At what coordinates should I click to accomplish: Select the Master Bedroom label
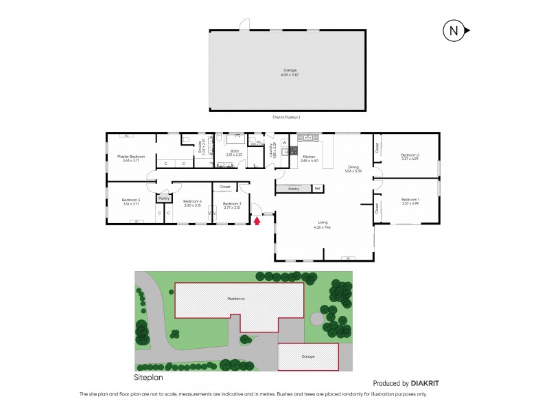pos(128,157)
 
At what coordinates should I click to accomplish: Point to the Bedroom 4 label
pos(192,202)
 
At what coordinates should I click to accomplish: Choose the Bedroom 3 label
pos(231,204)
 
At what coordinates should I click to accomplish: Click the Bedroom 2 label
pos(410,155)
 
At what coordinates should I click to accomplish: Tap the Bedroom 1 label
pos(410,200)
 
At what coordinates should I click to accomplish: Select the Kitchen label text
pos(308,157)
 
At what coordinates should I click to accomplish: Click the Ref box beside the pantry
pos(317,188)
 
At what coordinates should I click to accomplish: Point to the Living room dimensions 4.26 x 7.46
pos(323,227)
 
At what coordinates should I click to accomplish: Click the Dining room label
pos(353,167)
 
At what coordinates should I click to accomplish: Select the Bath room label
pos(235,151)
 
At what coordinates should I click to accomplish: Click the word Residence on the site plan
pos(236,299)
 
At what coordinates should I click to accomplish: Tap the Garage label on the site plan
pos(308,356)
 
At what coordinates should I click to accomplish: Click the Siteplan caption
pos(149,377)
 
